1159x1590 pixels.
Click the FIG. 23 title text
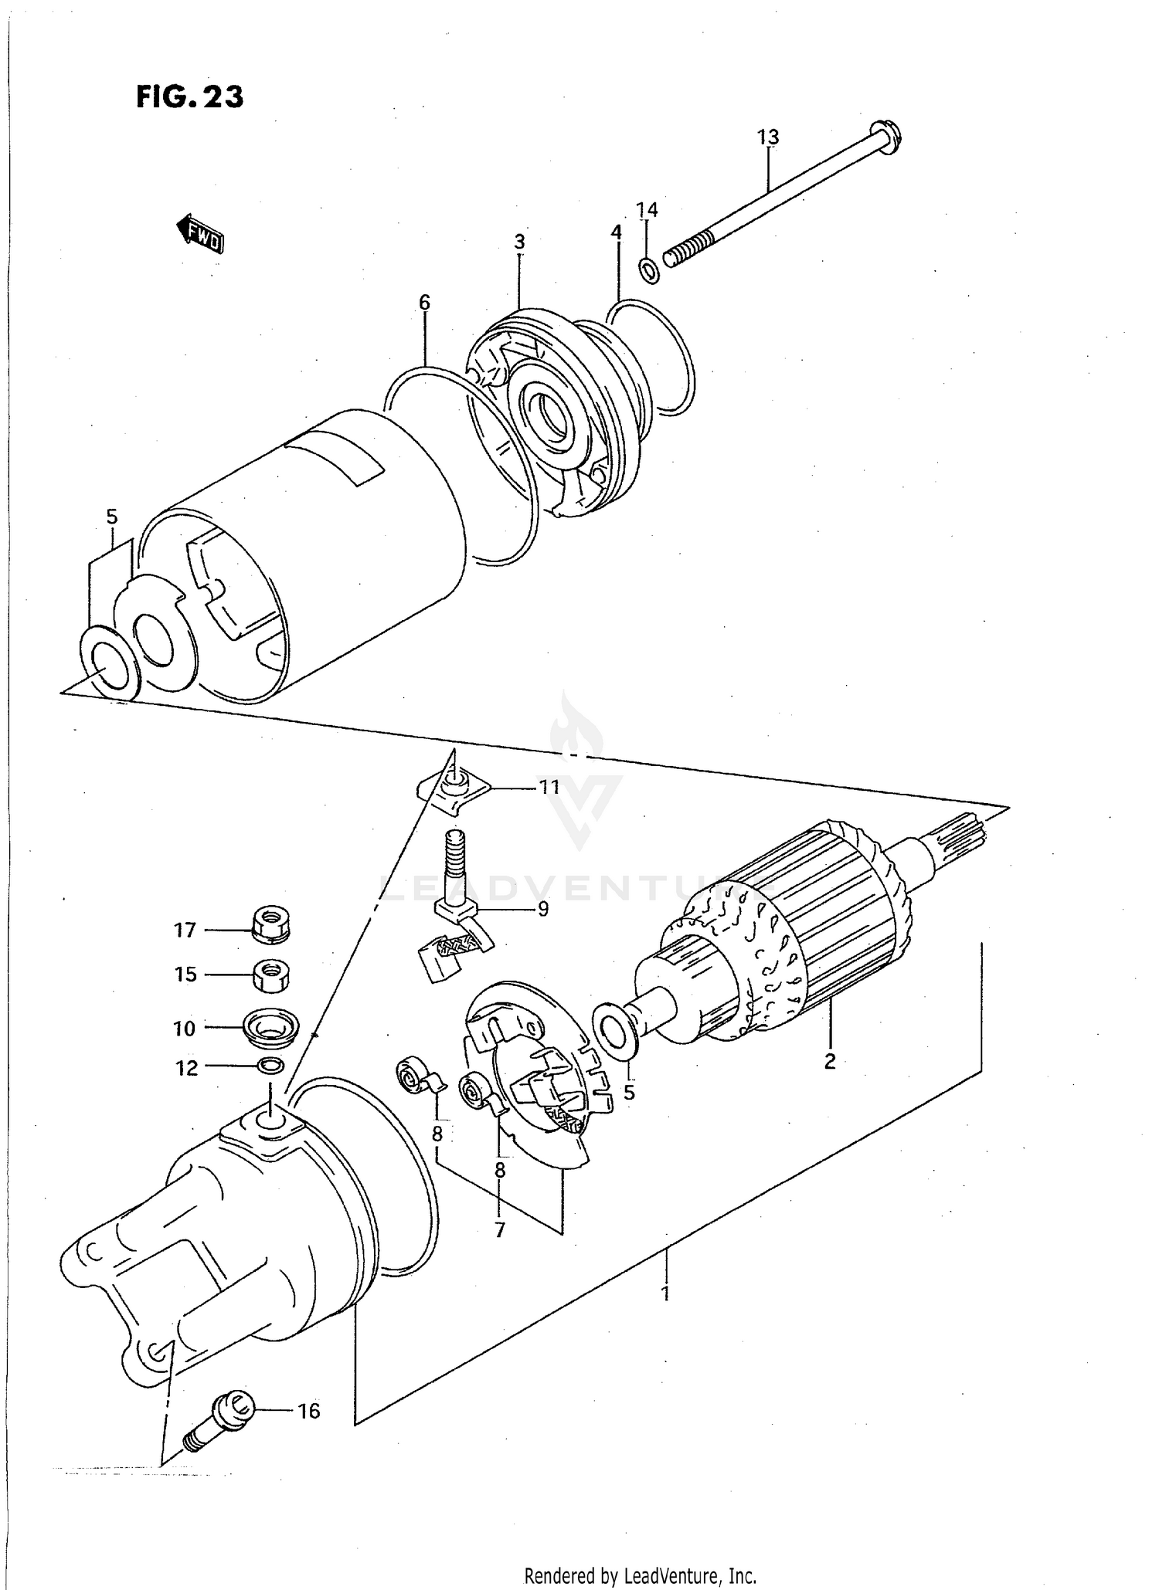pos(190,97)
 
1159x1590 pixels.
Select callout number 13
pos(767,137)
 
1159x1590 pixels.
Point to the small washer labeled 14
pos(648,271)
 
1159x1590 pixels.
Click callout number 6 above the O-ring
pos(424,303)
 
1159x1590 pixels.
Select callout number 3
pos(519,241)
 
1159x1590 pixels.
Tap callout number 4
pos(616,232)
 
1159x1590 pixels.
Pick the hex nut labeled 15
pos(270,975)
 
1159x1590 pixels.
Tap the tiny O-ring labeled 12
pos(270,1066)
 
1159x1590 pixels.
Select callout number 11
pos(549,788)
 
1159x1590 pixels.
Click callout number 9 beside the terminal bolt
pos(542,909)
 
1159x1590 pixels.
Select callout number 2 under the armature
pos(830,1061)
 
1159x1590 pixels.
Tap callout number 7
pos(500,1229)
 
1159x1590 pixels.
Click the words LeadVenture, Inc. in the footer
pos(689,1575)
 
